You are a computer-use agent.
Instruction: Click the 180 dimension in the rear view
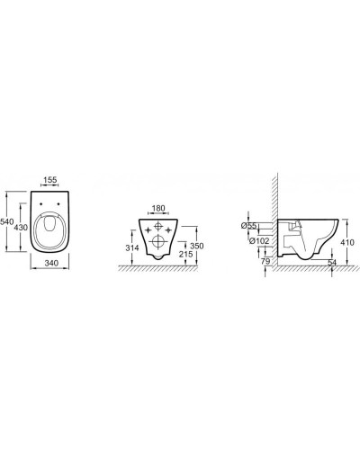coord(158,209)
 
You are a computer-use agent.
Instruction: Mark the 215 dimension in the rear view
coord(186,256)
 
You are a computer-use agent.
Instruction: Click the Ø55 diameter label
coord(252,225)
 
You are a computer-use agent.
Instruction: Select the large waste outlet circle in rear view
coord(158,240)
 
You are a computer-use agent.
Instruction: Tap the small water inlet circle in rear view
coord(158,225)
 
